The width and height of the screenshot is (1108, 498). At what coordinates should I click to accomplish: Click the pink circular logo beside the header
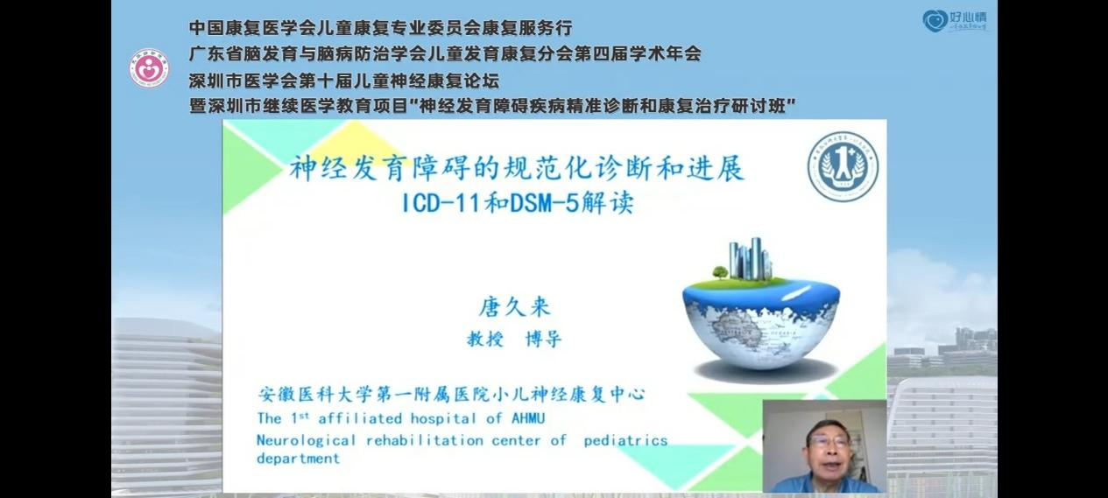[149, 68]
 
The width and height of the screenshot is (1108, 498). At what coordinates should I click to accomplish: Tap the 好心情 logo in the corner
[955, 21]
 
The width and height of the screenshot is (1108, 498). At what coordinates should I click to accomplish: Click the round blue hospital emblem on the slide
[843, 166]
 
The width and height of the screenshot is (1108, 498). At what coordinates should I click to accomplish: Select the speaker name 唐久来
[514, 307]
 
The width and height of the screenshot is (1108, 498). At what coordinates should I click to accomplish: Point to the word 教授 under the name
[485, 339]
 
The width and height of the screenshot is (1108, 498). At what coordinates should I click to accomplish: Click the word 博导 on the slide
[543, 339]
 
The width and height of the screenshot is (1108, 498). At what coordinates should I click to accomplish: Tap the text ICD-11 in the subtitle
[441, 203]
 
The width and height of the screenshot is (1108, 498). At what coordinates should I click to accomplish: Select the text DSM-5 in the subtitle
[544, 203]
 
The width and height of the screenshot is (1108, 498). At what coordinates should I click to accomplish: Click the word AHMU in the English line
[528, 418]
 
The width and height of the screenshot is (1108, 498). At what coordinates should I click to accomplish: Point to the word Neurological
[307, 440]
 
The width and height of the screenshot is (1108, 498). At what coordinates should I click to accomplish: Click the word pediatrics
[625, 440]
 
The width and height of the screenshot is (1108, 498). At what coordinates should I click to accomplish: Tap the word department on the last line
[299, 459]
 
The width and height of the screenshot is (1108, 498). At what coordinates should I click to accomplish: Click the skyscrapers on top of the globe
[750, 258]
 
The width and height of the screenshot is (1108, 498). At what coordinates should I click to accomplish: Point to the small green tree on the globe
[720, 271]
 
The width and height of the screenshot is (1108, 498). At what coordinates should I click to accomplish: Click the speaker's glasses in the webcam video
[829, 441]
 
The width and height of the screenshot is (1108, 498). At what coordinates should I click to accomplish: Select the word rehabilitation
[425, 440]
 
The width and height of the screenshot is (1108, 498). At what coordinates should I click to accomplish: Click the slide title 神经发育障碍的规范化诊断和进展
[517, 169]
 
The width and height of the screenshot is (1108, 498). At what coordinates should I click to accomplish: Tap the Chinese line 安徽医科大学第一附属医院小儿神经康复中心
[452, 394]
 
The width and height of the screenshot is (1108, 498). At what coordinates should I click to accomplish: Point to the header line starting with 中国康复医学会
[380, 28]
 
